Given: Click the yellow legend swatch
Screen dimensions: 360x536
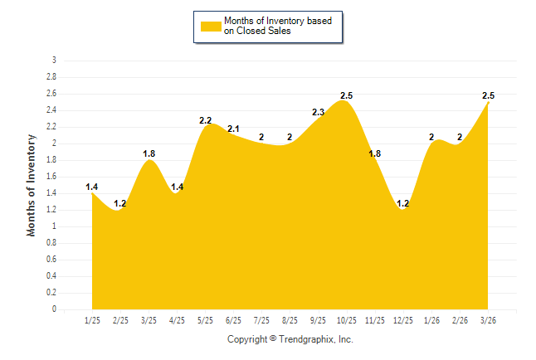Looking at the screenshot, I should point(211,26).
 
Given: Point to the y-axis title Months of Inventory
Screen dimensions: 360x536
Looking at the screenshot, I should point(32,185).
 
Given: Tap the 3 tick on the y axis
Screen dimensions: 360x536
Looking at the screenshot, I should point(54,61).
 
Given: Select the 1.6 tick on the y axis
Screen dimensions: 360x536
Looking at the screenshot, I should point(51,177).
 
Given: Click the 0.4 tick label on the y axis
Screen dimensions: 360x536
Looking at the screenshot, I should point(51,276).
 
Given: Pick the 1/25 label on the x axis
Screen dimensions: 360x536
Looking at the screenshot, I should point(92,319).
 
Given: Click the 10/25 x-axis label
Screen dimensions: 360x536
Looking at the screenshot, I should point(346,319).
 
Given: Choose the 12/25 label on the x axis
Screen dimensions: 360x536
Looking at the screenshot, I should point(402,319).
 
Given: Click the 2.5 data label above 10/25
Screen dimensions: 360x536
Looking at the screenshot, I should point(347,95).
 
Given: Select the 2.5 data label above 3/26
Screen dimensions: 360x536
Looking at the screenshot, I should point(489,95).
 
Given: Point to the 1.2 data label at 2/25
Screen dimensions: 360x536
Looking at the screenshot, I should point(120,203).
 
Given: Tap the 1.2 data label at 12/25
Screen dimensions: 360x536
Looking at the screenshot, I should point(403,203).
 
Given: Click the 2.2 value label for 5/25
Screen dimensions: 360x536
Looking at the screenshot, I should point(206,120).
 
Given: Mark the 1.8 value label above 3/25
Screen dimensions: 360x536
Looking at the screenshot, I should point(149,153).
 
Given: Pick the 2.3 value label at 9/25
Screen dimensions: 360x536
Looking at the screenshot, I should point(319,112).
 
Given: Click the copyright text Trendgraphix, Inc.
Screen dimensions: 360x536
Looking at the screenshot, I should point(290,339).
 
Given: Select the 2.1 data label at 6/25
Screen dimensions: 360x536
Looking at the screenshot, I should point(234,129).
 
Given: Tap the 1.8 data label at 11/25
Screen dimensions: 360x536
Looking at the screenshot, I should point(375,153).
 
